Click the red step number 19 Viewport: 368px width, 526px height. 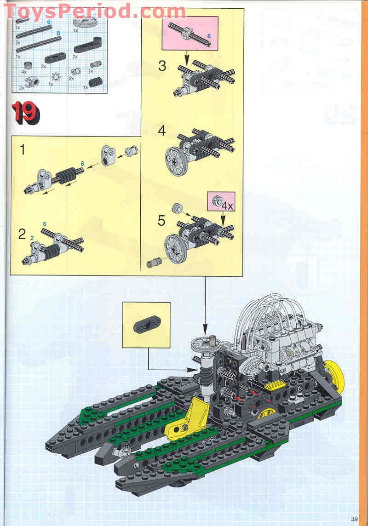tap(25, 113)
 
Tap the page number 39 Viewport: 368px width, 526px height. tap(354, 519)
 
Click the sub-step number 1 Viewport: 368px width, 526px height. tap(22, 149)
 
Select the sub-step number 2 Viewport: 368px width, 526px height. tap(22, 234)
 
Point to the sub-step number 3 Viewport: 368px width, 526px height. tap(162, 66)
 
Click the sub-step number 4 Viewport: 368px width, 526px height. tap(162, 131)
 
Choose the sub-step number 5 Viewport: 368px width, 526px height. tap(162, 220)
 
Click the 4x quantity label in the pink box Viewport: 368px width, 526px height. tap(227, 206)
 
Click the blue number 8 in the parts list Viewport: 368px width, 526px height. tap(58, 33)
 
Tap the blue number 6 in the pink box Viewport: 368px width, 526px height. tap(209, 36)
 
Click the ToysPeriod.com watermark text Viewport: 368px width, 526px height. tap(95, 11)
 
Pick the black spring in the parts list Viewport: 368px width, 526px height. tap(96, 82)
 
